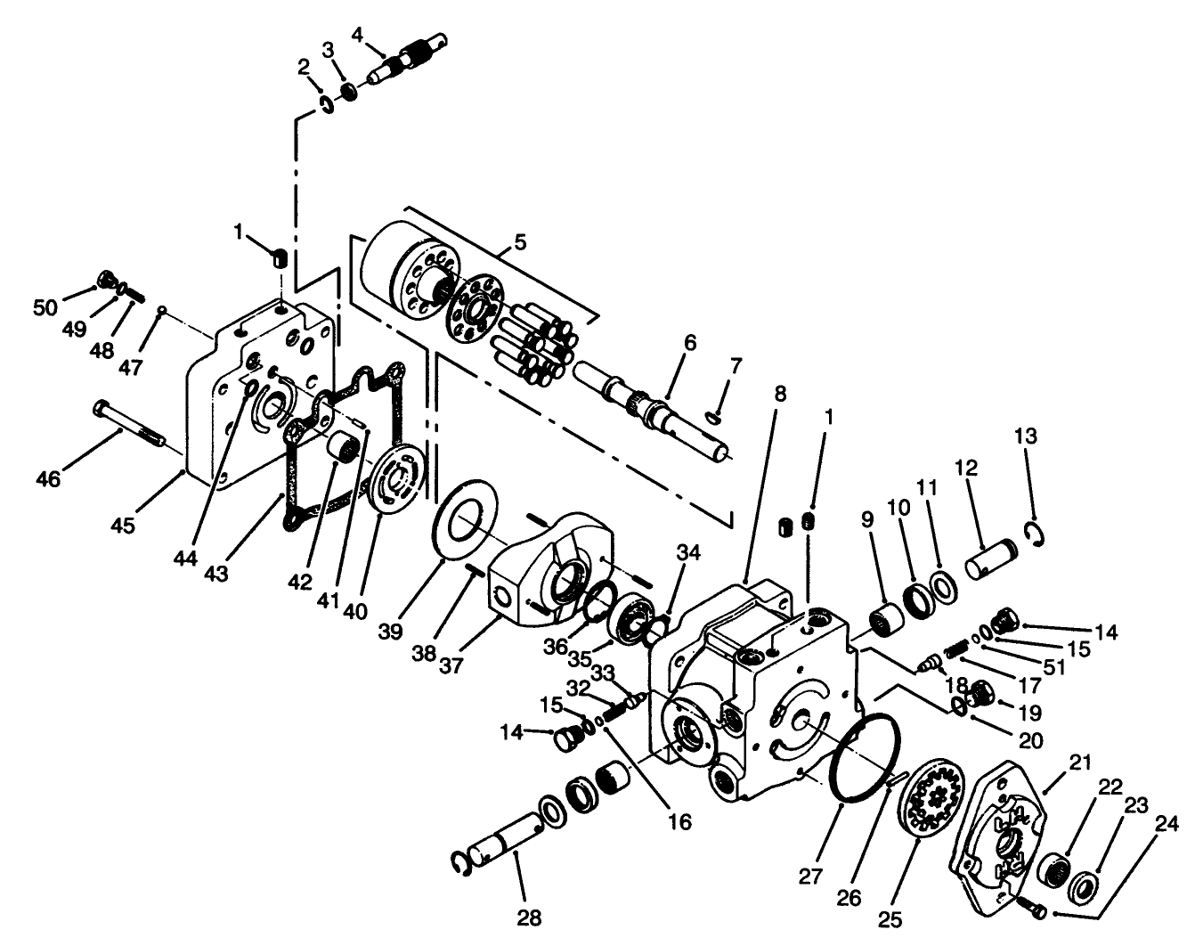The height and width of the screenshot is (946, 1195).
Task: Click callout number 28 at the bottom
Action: [x=530, y=917]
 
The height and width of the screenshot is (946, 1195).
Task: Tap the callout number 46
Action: [x=48, y=479]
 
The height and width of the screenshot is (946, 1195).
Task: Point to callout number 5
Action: [x=520, y=241]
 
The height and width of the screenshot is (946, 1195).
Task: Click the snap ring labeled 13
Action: [x=1037, y=533]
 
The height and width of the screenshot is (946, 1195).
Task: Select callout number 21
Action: [x=1080, y=763]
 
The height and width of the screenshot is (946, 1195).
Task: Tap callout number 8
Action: [x=781, y=393]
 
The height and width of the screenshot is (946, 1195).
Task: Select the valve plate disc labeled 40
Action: [x=397, y=477]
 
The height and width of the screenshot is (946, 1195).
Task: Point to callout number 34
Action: [x=688, y=553]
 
